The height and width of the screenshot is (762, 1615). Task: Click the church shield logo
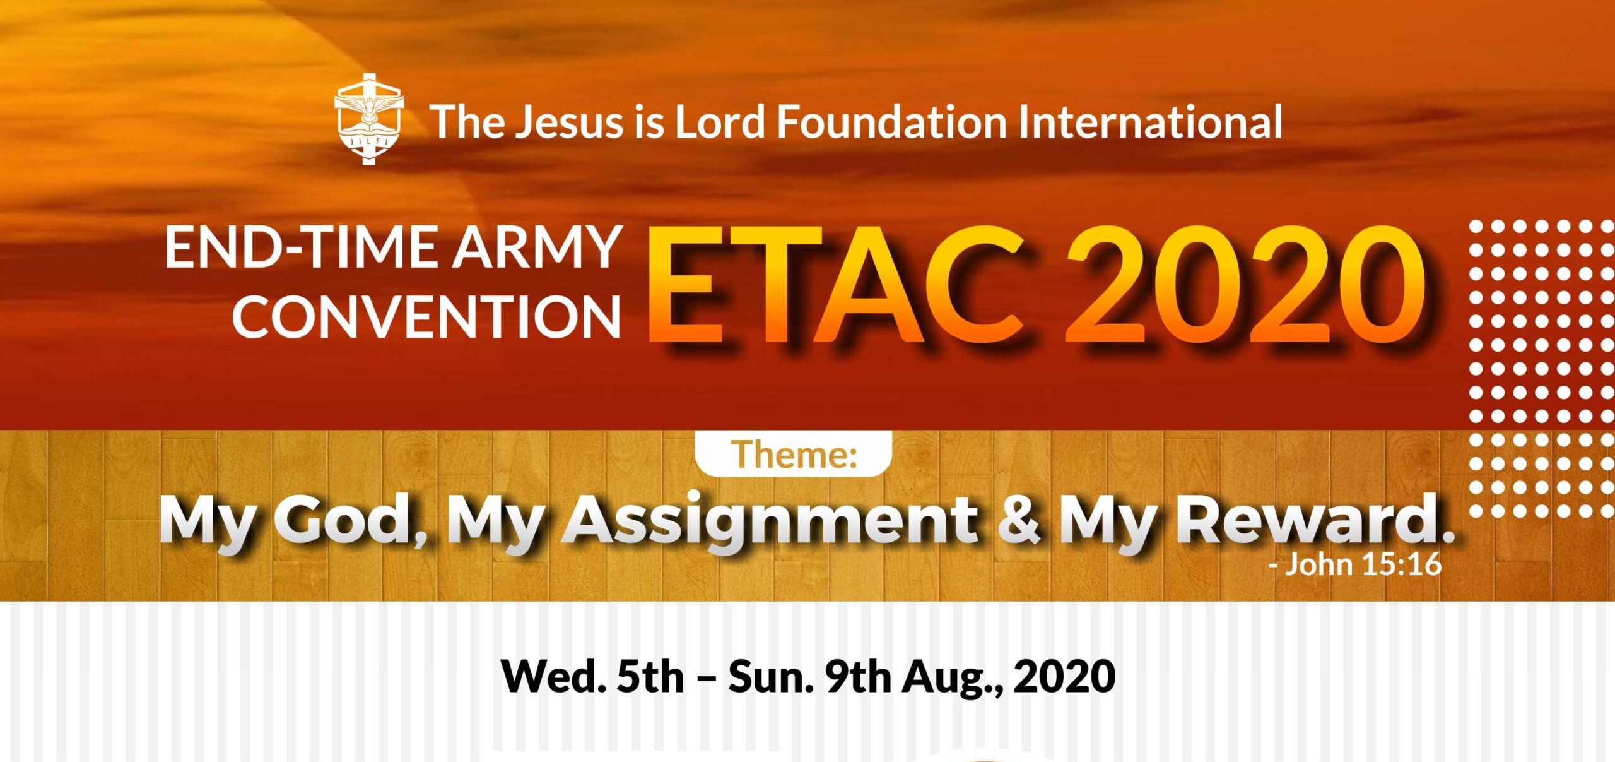[x=369, y=119]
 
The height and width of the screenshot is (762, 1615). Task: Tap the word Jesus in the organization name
[x=569, y=121]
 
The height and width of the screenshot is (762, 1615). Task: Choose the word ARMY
[x=537, y=247]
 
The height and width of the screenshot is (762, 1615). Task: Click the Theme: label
[x=794, y=454]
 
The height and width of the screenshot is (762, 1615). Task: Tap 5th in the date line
[x=650, y=676]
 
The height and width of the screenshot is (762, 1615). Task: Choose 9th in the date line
[x=859, y=676]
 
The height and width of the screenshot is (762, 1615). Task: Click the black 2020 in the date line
[x=1064, y=676]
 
